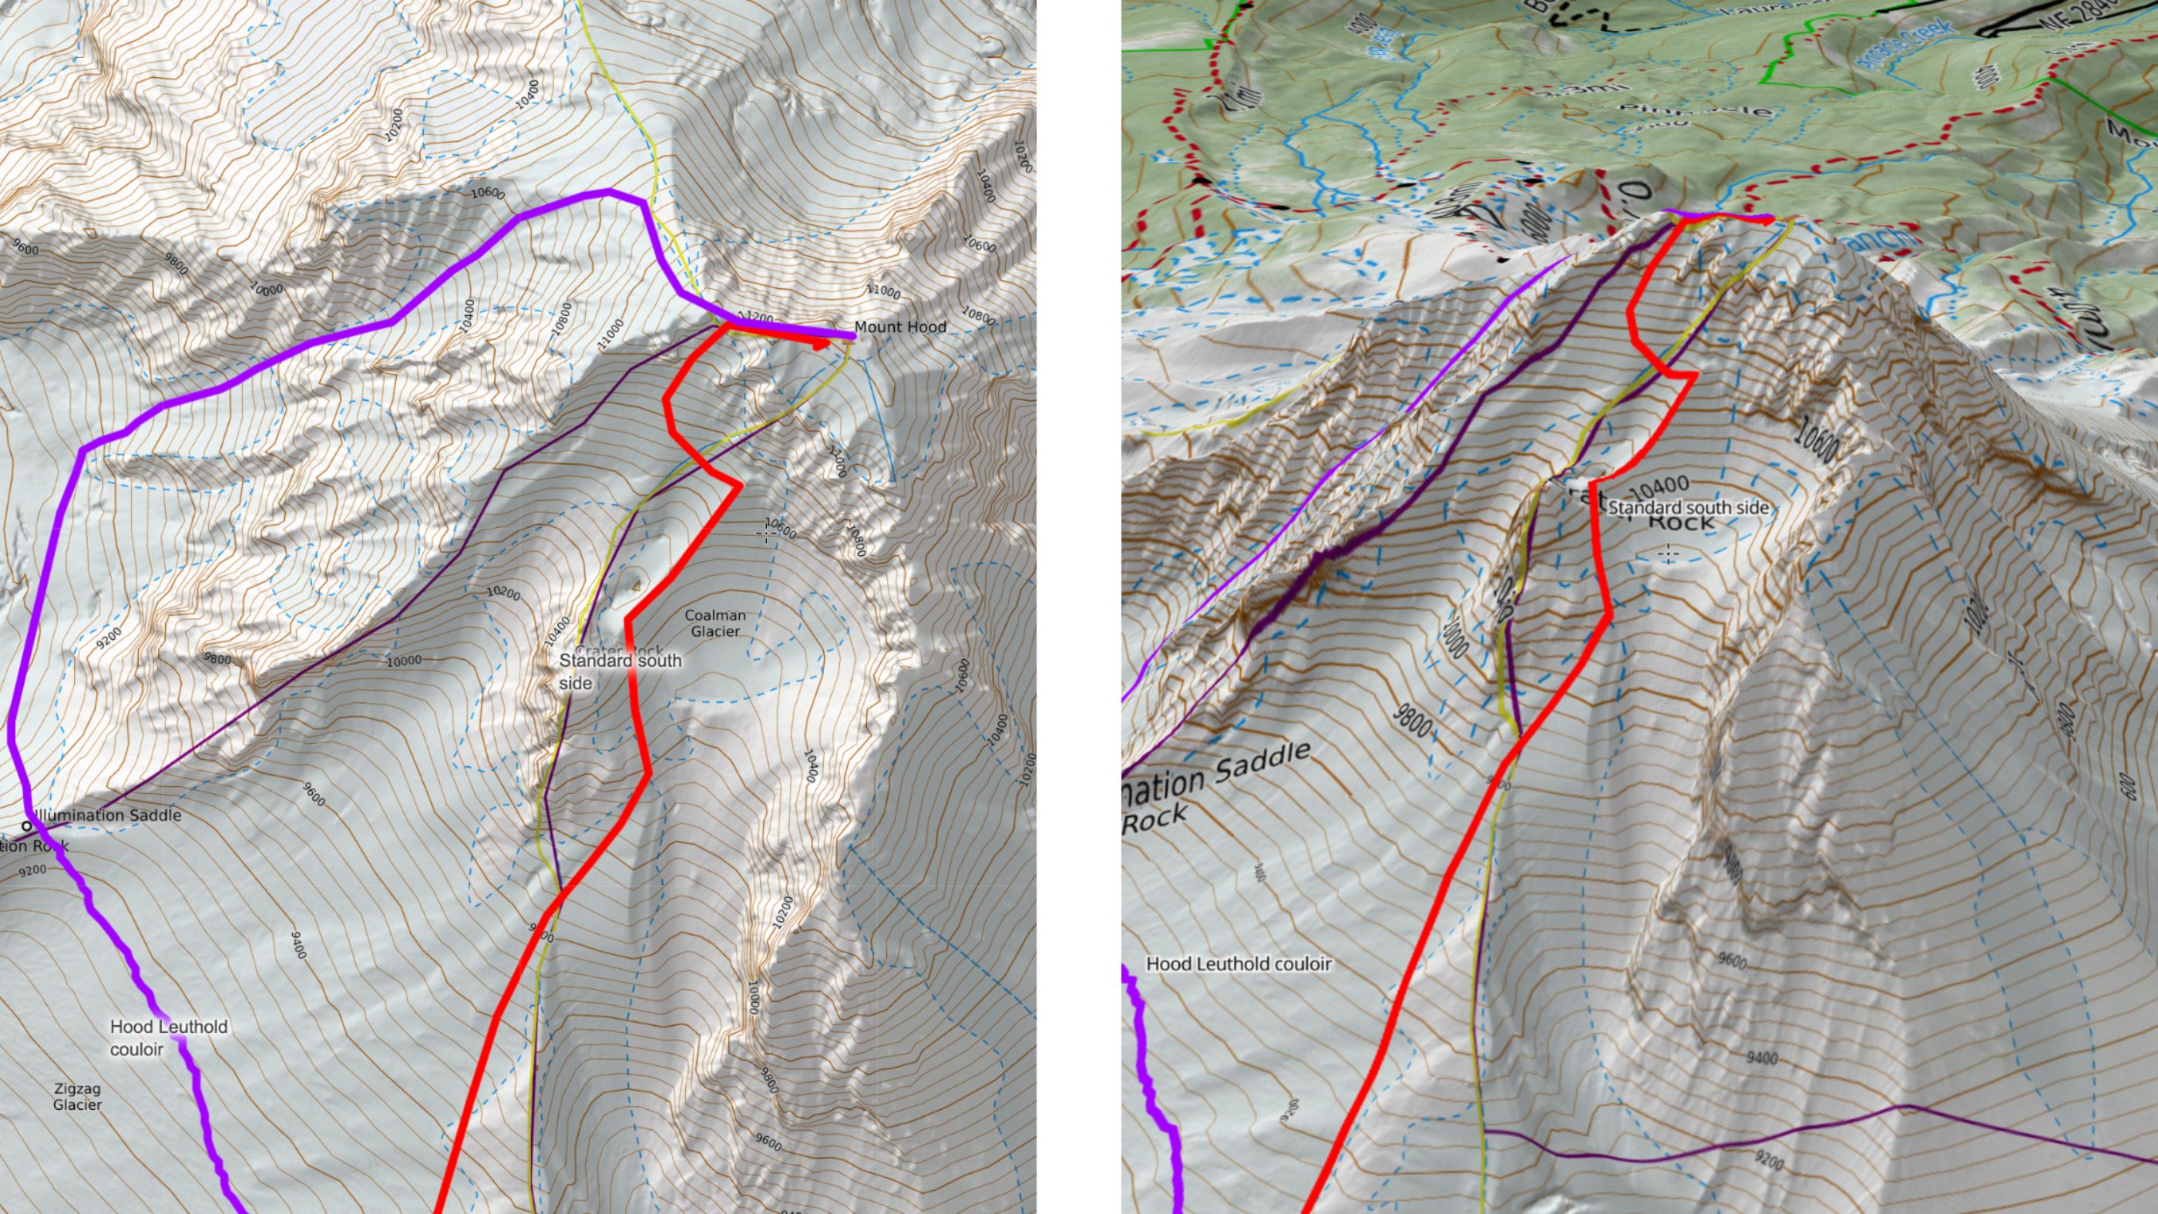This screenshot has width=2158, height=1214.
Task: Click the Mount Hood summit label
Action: tap(899, 327)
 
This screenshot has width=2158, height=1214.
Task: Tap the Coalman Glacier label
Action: tap(714, 623)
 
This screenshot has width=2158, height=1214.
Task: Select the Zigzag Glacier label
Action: tap(77, 1097)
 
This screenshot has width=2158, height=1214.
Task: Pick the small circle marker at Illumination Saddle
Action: tap(26, 826)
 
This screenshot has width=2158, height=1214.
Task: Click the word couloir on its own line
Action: tap(136, 1049)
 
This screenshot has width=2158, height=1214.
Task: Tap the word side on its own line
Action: tap(576, 683)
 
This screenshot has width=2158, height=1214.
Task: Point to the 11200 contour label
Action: tap(751, 318)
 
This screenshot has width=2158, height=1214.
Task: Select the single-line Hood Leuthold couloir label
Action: tap(1239, 963)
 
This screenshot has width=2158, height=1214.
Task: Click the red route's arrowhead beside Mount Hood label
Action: tap(821, 344)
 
